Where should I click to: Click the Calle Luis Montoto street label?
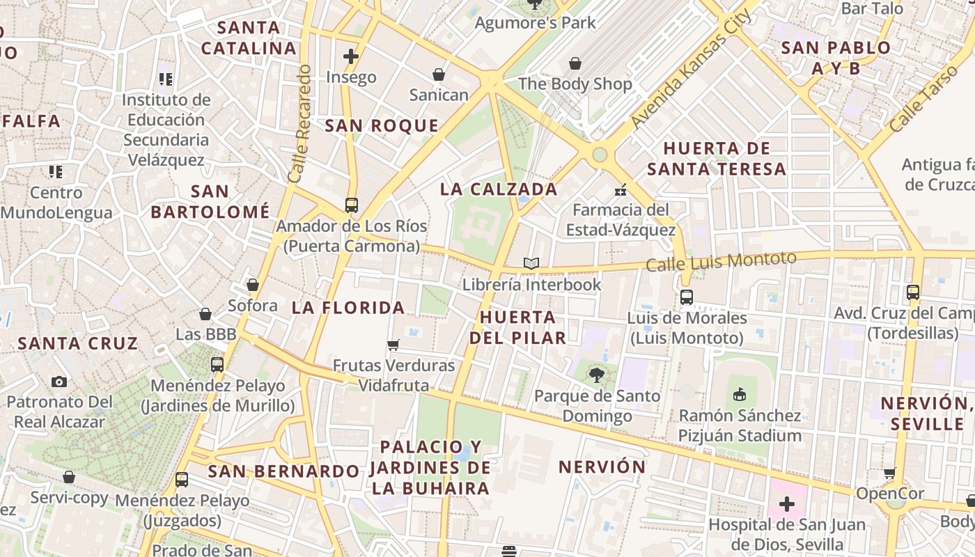(x=721, y=262)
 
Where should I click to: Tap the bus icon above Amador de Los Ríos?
(x=352, y=205)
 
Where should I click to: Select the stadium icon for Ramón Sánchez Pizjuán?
(x=740, y=394)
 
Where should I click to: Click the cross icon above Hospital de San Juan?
(x=787, y=503)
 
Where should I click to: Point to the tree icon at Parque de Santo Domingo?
(x=596, y=375)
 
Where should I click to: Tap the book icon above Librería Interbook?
(x=531, y=263)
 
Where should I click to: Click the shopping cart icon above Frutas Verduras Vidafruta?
(x=393, y=345)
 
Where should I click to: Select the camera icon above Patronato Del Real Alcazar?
(x=59, y=382)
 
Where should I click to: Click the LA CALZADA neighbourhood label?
(x=499, y=189)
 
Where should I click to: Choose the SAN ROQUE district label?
(x=382, y=125)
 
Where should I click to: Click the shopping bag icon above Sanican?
(x=439, y=74)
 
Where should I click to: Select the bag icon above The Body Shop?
(x=575, y=63)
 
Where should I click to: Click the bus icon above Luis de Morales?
(x=687, y=297)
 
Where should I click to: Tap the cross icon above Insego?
(x=351, y=56)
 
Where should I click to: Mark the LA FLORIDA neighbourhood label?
(x=348, y=307)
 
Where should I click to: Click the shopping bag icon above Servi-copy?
(x=69, y=477)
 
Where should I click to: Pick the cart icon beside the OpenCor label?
(x=890, y=473)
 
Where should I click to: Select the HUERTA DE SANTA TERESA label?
(x=717, y=158)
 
